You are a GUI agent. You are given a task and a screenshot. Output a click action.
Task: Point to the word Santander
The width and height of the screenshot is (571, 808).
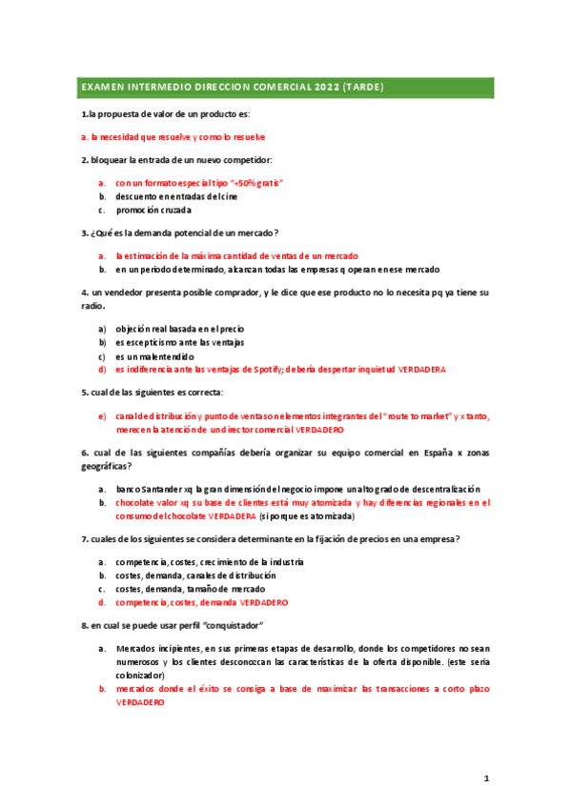[158, 488]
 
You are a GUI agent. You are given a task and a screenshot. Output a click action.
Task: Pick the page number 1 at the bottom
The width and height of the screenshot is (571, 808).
[486, 778]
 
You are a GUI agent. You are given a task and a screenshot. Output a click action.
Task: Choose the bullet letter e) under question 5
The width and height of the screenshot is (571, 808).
[102, 416]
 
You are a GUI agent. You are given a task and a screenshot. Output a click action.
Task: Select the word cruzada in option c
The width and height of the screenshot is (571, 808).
[174, 210]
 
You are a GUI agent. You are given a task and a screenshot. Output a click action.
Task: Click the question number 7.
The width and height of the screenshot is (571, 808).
[84, 539]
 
